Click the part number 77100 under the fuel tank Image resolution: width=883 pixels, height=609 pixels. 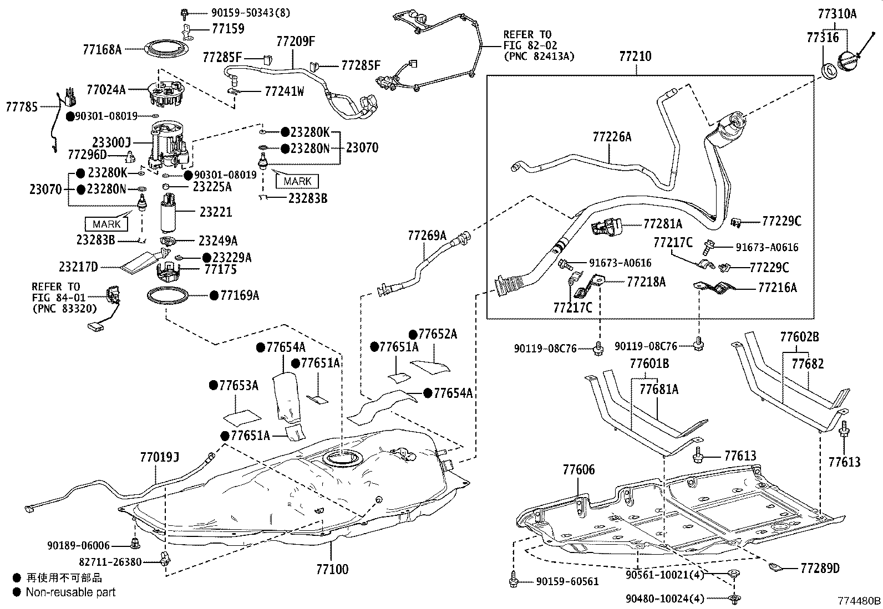(332, 569)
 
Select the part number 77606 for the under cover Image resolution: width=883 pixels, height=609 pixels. (578, 470)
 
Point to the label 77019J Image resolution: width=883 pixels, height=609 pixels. (160, 457)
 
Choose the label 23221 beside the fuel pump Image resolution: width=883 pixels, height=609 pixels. (216, 212)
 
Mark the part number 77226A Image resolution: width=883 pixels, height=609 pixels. (612, 137)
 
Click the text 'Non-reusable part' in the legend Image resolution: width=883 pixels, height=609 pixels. (70, 592)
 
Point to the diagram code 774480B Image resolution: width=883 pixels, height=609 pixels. (859, 601)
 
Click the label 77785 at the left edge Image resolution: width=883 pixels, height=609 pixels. (22, 106)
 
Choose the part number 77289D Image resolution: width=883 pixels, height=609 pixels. (820, 568)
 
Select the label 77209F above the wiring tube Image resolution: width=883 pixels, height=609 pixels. (296, 42)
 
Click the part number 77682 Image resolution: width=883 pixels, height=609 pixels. (808, 364)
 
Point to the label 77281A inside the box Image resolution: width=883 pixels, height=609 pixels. (663, 224)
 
